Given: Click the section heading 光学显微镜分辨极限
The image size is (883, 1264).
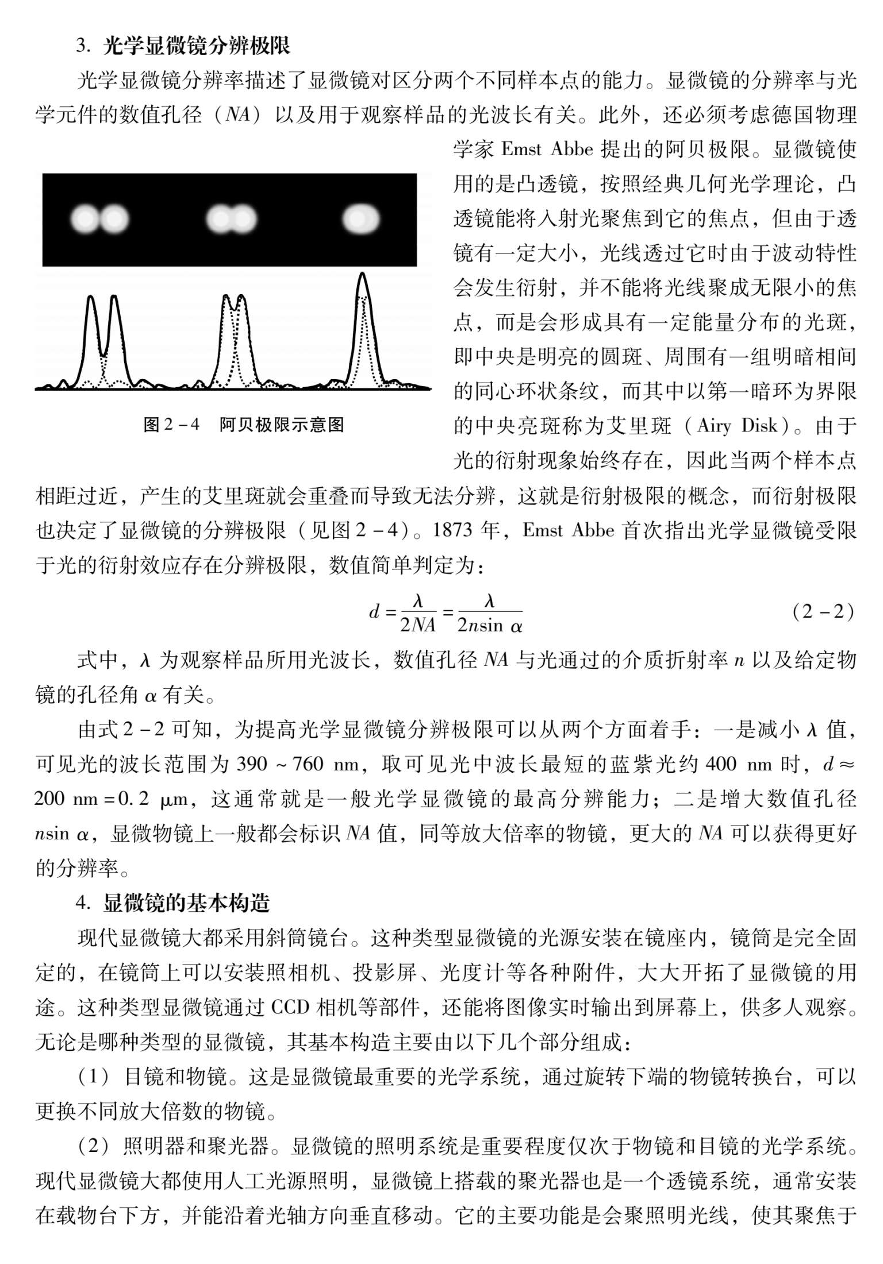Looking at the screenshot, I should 197,46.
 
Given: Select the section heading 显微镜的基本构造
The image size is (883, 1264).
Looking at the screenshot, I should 187,903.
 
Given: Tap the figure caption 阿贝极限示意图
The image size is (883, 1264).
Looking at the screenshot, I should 282,425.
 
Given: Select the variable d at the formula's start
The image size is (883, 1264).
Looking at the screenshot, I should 374,612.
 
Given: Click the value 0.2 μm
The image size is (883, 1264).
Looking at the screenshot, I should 155,799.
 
